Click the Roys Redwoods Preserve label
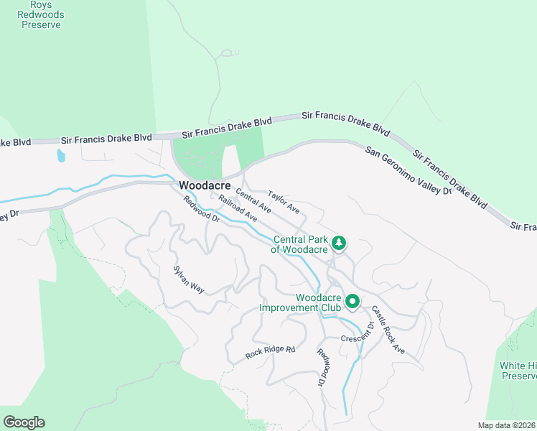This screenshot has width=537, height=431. pyautogui.click(x=40, y=14)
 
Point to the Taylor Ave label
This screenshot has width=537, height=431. pyautogui.click(x=283, y=200)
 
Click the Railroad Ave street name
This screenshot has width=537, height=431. pyautogui.click(x=238, y=208)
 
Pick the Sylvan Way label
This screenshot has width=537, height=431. pyautogui.click(x=189, y=279)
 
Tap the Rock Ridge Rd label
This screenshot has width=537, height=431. pyautogui.click(x=271, y=352)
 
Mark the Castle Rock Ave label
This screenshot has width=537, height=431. pyautogui.click(x=388, y=330)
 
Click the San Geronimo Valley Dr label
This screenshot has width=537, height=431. pyautogui.click(x=408, y=171)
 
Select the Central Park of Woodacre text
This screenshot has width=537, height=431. pyautogui.click(x=299, y=244)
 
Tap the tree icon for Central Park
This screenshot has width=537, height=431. pyautogui.click(x=340, y=244)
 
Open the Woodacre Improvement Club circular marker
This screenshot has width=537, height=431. pyautogui.click(x=352, y=301)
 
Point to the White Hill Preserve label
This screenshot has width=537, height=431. pyautogui.click(x=519, y=370)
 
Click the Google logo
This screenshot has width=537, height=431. pyautogui.click(x=24, y=422)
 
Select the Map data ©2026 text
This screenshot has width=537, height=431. pyautogui.click(x=506, y=425)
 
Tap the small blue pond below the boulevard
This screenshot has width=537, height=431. pyautogui.click(x=60, y=155)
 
